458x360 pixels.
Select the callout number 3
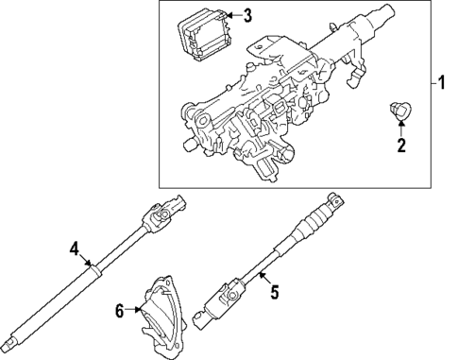[247, 15]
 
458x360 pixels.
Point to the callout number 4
[73, 249]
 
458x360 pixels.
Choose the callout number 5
[275, 293]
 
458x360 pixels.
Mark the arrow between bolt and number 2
[400, 129]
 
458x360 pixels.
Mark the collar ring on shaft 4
[94, 271]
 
